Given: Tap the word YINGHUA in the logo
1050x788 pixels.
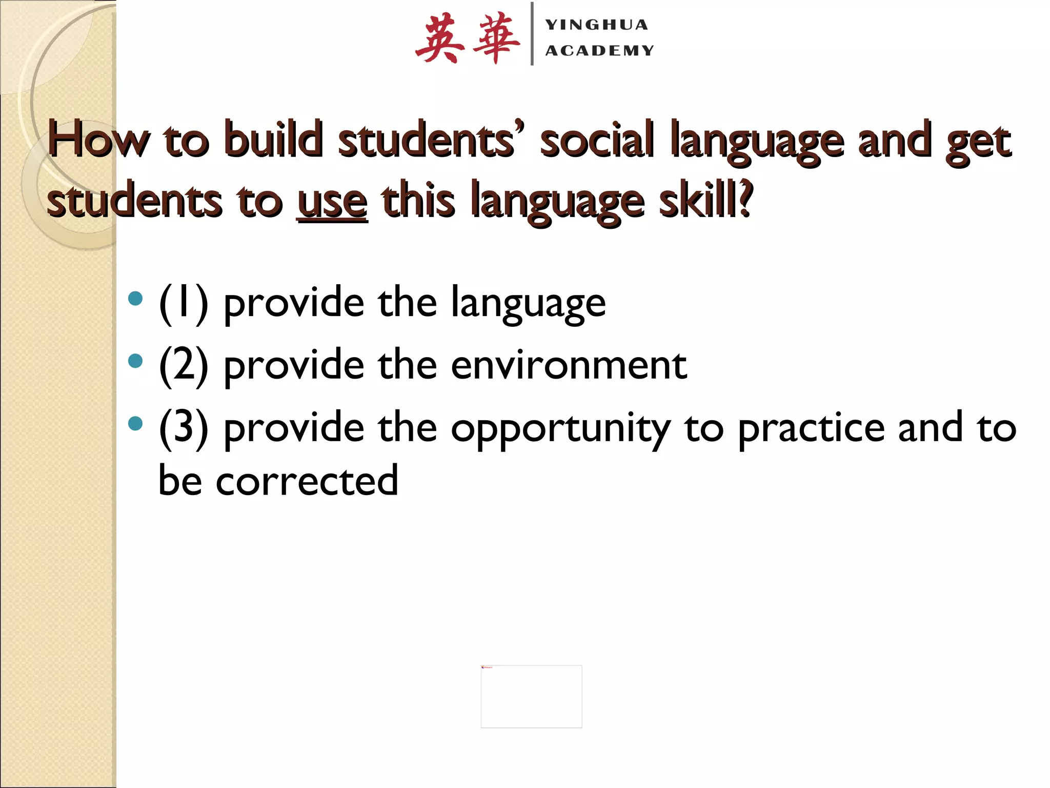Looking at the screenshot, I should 597,25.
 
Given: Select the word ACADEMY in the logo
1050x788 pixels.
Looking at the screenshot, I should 600,50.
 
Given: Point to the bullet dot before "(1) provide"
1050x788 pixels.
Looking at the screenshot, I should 135,298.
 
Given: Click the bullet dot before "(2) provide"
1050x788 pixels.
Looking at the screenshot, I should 135,361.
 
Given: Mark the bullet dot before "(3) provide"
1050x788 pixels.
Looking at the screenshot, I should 135,423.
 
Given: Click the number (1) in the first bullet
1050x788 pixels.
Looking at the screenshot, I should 184,304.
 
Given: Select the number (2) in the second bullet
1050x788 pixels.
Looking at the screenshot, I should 184,366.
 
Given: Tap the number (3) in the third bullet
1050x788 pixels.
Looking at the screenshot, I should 184,428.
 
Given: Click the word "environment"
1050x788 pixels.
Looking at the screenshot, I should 569,366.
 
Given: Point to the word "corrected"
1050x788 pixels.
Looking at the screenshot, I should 307,481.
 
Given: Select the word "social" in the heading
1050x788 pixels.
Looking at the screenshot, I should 598,140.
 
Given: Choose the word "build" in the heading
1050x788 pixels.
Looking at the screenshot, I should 274,140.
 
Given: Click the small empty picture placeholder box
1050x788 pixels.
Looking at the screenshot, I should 531,696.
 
